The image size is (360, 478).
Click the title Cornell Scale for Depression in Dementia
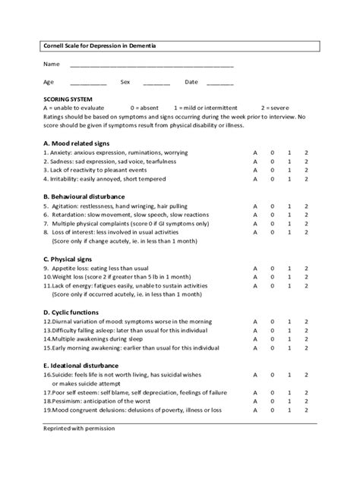pyautogui.click(x=90, y=46)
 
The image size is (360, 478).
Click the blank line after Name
pyautogui.click(x=151, y=65)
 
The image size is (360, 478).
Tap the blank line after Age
pyautogui.click(x=88, y=83)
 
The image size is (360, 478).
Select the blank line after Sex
pyautogui.click(x=156, y=83)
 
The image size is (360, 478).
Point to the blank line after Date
pyautogui.click(x=219, y=83)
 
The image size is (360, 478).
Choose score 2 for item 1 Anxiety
pyautogui.click(x=306, y=153)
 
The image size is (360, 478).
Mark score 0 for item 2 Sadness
pyautogui.click(x=273, y=162)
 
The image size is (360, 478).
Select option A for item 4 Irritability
pyautogui.click(x=255, y=180)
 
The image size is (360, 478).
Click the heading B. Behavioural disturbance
pyautogui.click(x=83, y=197)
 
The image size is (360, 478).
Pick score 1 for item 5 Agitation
pyautogui.click(x=289, y=206)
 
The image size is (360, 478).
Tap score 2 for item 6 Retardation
pyautogui.click(x=306, y=215)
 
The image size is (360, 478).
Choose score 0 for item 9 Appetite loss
pyautogui.click(x=273, y=269)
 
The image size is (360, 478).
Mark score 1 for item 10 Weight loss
pyautogui.click(x=289, y=278)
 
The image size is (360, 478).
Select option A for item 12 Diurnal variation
pyautogui.click(x=255, y=322)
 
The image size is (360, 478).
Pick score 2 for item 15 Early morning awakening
pyautogui.click(x=306, y=348)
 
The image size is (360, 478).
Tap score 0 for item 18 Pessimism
pyautogui.click(x=273, y=401)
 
